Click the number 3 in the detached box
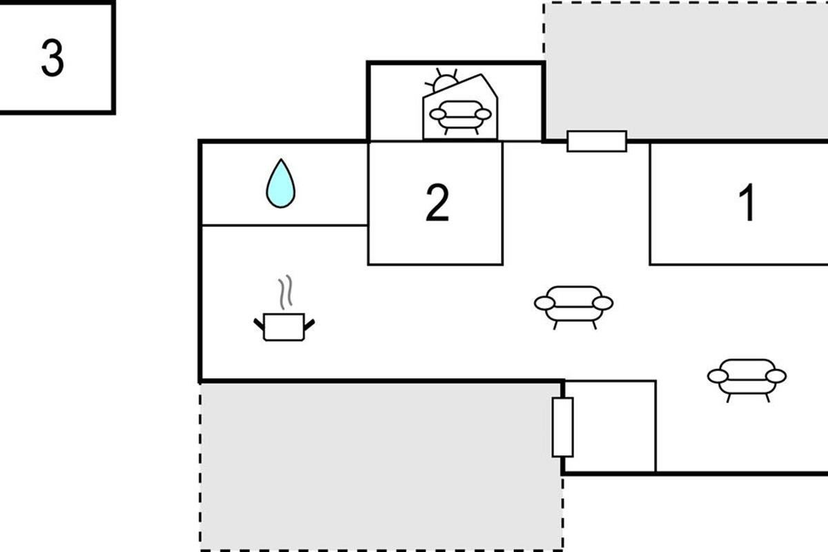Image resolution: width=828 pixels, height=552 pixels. (x=52, y=59)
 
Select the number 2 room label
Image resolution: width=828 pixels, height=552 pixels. (x=437, y=204)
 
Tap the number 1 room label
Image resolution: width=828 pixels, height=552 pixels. (x=747, y=204)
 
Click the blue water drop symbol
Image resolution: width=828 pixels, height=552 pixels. (x=281, y=184)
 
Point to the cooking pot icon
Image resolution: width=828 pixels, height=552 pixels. (x=284, y=326)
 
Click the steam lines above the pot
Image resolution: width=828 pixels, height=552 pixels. (x=285, y=293)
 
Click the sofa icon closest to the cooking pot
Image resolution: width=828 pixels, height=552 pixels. (x=573, y=304)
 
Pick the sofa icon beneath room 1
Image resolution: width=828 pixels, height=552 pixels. (x=747, y=376)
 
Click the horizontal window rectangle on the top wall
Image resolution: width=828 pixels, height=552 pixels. (x=597, y=141)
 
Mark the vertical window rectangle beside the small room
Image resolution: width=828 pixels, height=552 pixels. (x=562, y=426)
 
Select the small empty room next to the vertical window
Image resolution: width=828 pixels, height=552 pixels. (x=611, y=426)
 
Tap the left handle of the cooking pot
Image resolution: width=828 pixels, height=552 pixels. (x=259, y=322)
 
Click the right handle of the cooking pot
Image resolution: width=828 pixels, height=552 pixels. (x=310, y=322)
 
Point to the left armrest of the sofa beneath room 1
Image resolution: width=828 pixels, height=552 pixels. (x=718, y=376)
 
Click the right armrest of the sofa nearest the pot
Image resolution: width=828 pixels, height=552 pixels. (x=602, y=304)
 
